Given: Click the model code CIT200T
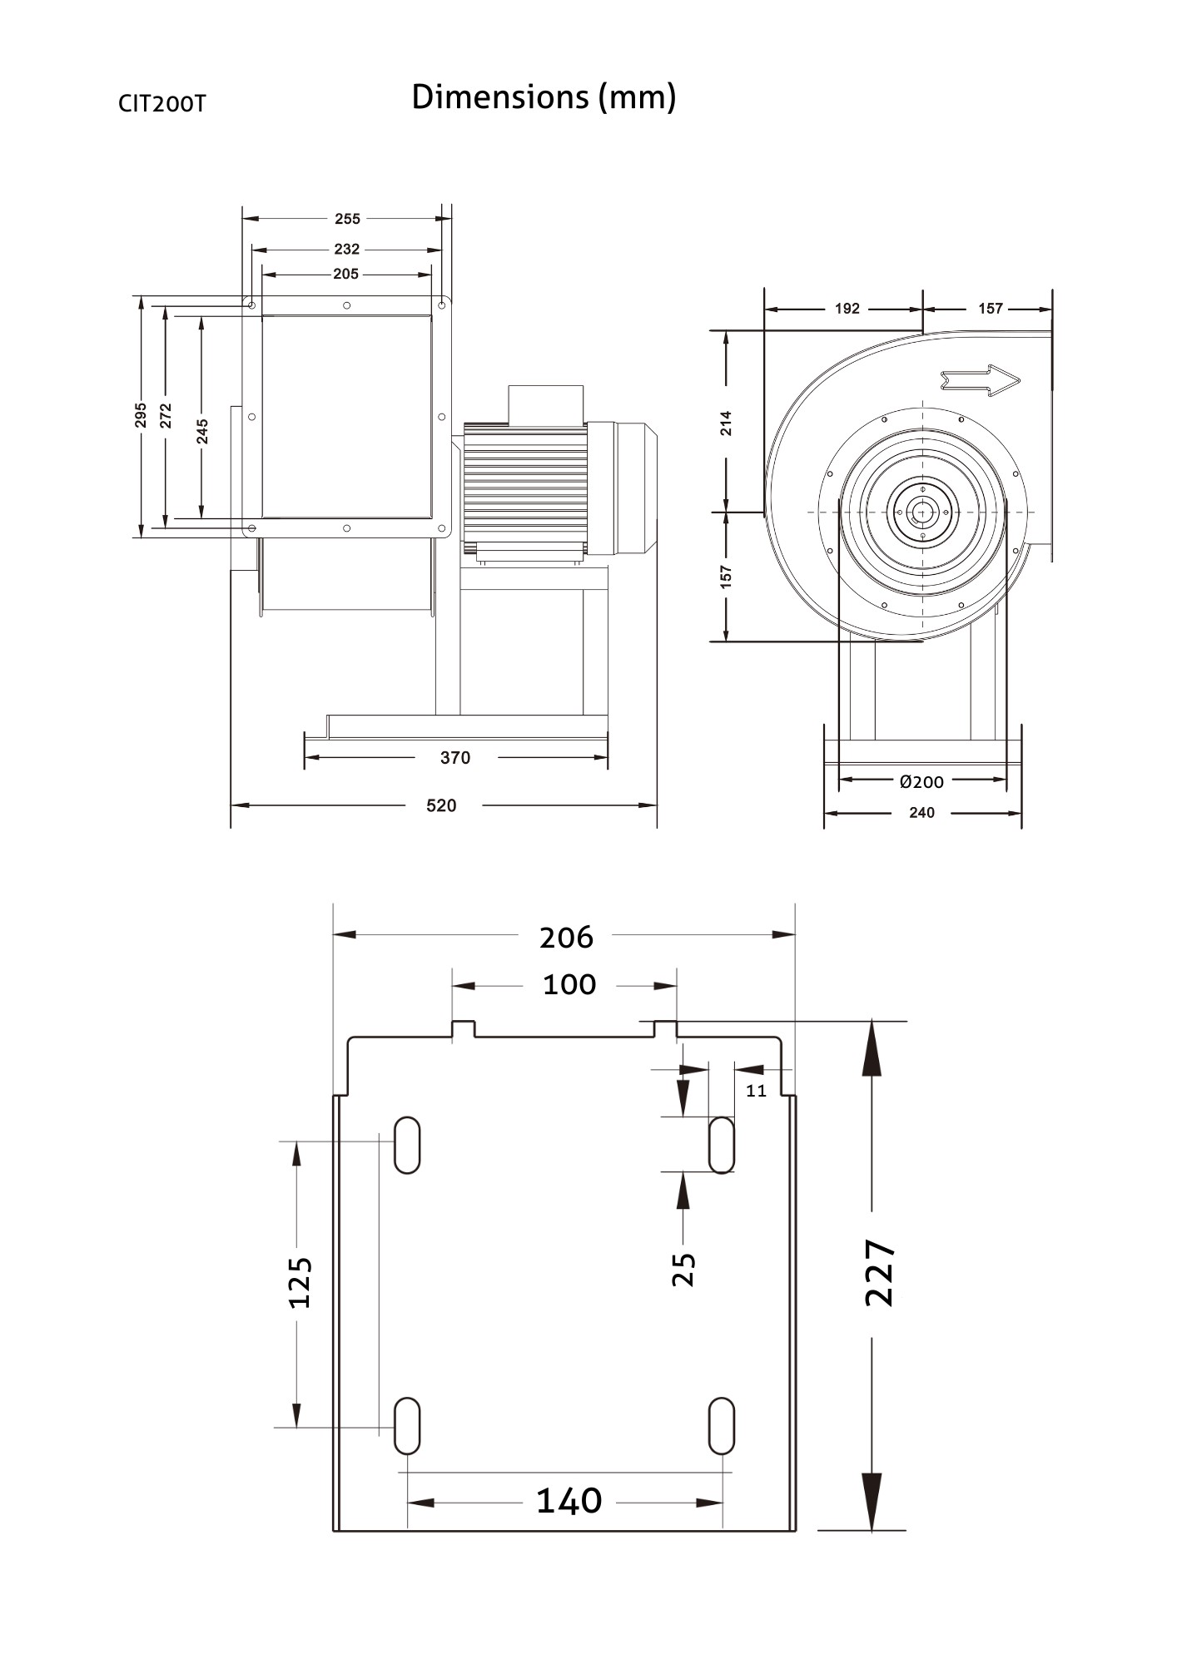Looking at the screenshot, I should (x=161, y=104).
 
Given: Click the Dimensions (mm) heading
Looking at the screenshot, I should (x=544, y=97).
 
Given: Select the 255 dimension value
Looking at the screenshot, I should (x=347, y=219).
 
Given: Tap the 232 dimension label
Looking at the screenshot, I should (x=346, y=249).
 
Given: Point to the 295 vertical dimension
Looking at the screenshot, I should (x=141, y=415).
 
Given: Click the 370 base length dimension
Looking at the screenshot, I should (x=455, y=758).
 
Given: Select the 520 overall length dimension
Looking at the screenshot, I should (x=441, y=805).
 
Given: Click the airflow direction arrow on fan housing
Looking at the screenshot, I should (x=980, y=380).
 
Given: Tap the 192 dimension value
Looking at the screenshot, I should (x=847, y=309).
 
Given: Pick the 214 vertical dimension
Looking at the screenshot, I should (x=727, y=423).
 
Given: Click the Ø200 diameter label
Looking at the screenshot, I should (x=921, y=781).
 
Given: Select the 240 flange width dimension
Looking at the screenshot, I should (x=921, y=813).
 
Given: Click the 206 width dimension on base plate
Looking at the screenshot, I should (x=566, y=938).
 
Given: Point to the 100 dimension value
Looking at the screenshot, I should (x=569, y=985).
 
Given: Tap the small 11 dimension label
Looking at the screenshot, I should (x=756, y=1091).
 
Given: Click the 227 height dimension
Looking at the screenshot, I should (x=880, y=1272).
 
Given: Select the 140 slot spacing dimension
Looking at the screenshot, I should (x=569, y=1501).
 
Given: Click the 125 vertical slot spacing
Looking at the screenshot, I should (x=300, y=1282).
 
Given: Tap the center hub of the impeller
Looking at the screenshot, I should (x=922, y=512).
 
